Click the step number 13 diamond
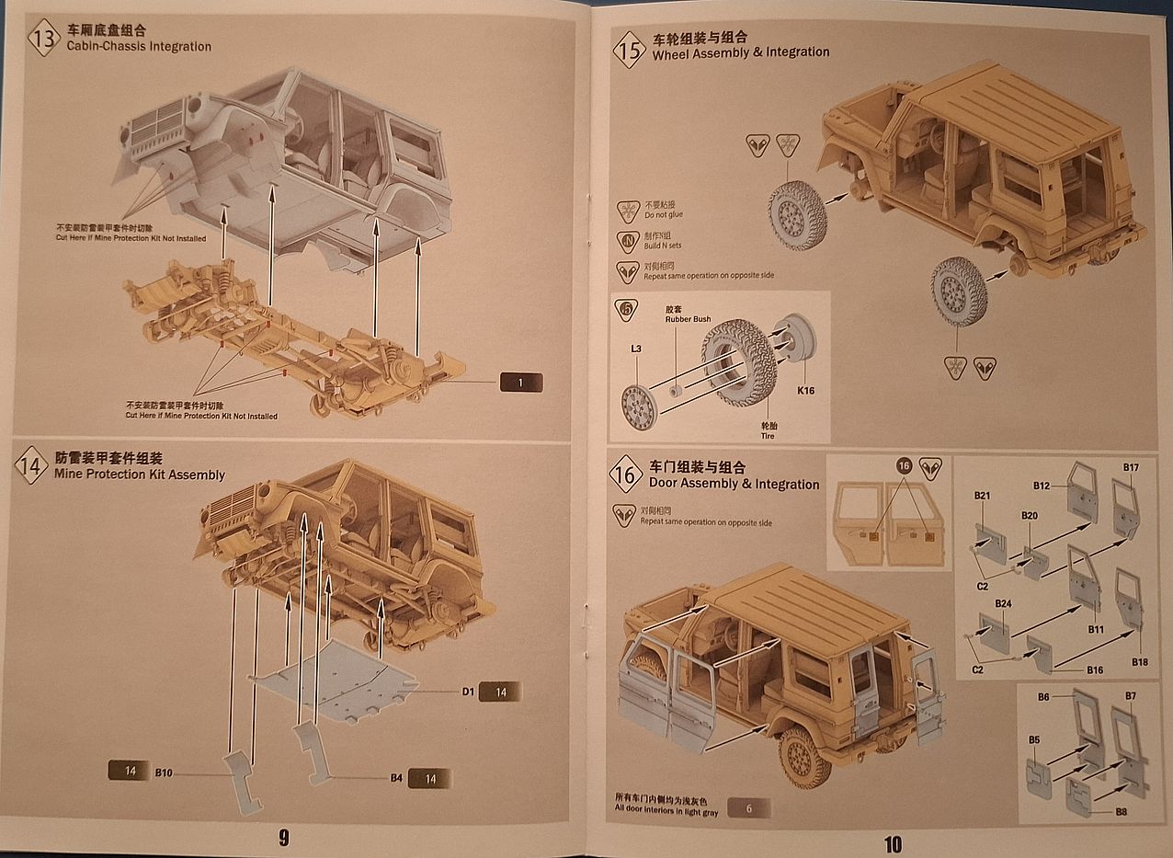[x=43, y=39]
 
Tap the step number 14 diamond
[x=31, y=466]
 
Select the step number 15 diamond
[x=629, y=50]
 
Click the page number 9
[x=284, y=838]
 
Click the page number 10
[x=892, y=842]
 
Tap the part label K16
[x=805, y=391]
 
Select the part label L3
[x=636, y=349]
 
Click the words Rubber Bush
[x=688, y=319]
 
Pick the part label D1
[x=468, y=692]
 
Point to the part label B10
[x=164, y=772]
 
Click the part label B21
[x=982, y=497]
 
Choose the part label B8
[x=1121, y=812]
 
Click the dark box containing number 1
[x=520, y=383]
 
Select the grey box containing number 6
[x=748, y=808]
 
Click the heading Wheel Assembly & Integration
[x=740, y=53]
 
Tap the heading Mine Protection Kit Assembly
[x=140, y=475]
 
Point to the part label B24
[x=1003, y=603]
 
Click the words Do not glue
[x=663, y=215]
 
